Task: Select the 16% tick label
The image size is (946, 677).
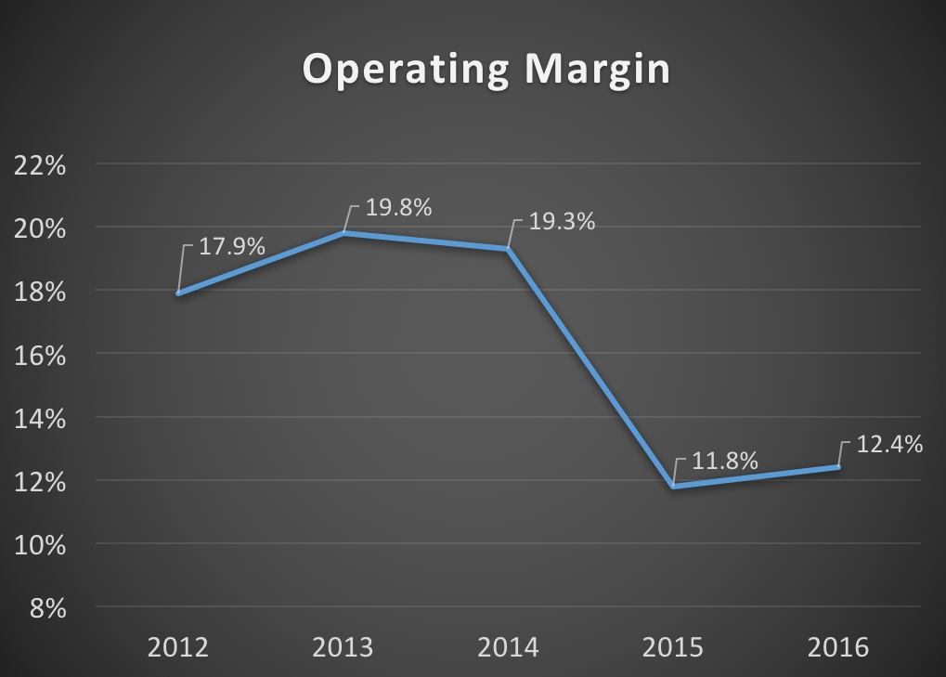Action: pos(40,355)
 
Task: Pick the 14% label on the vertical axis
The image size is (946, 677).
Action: pos(40,418)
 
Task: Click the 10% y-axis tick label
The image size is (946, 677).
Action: pos(40,544)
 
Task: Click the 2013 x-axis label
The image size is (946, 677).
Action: pos(343,646)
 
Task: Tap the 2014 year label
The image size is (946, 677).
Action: pos(509,646)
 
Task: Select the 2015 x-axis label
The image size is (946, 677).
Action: pos(675,646)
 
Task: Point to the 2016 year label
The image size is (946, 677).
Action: pos(839,646)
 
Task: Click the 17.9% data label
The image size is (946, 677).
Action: pos(232,248)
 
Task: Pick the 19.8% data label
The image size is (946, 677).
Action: pos(398,208)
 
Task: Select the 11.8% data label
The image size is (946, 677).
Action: pos(726,461)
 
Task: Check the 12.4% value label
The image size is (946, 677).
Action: pos(889,445)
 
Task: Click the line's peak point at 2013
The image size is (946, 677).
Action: pos(343,233)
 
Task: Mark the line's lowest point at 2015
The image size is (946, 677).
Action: pos(674,486)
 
